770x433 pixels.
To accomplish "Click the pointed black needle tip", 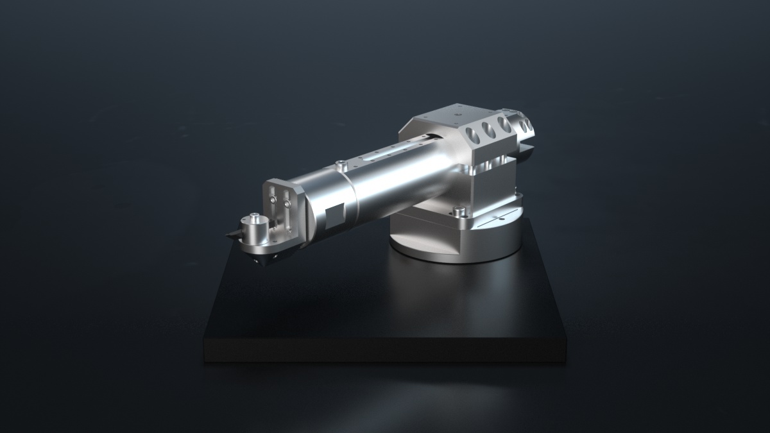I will click(228, 236).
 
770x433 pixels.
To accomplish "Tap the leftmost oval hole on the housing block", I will click(474, 135).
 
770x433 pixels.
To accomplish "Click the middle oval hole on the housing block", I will click(489, 130).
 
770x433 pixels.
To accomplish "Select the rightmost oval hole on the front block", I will click(504, 125).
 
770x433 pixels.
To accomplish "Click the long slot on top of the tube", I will click(388, 153).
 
